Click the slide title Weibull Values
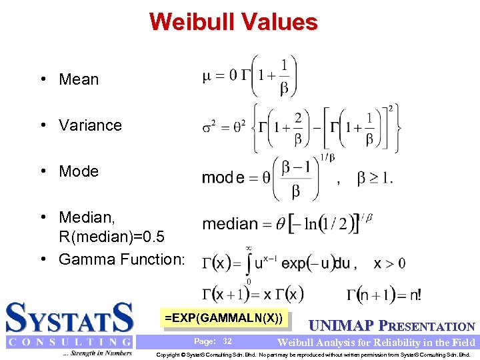click(x=233, y=22)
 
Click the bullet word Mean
click(x=79, y=79)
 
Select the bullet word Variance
click(x=90, y=125)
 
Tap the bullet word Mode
click(x=79, y=171)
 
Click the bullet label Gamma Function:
click(x=121, y=259)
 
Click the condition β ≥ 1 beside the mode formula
click(x=375, y=178)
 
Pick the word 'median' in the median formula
click(x=230, y=224)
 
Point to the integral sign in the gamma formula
click(x=248, y=263)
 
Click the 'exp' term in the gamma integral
click(x=295, y=263)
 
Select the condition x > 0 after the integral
click(x=389, y=263)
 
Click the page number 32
click(x=227, y=341)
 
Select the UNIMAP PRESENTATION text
click(x=392, y=327)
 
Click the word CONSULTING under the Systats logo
click(x=69, y=342)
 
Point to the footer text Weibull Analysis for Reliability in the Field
click(x=376, y=343)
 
